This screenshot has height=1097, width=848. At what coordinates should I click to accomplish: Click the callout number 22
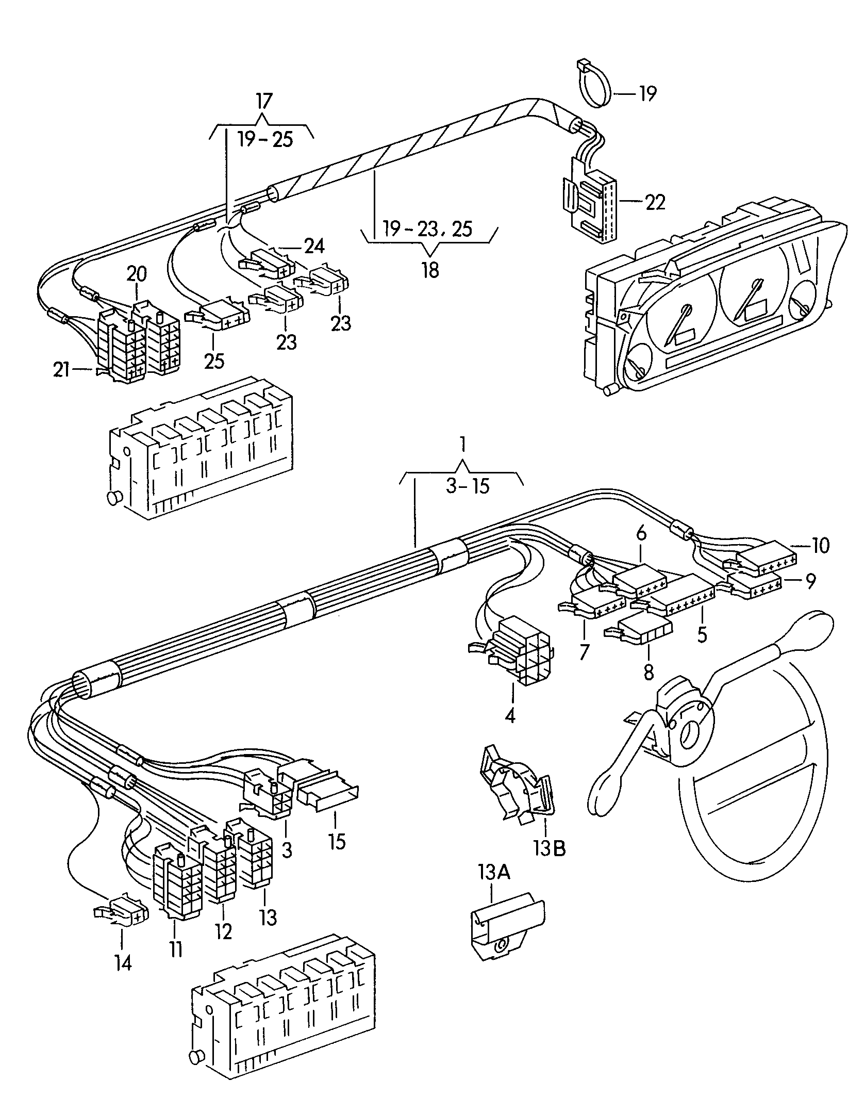click(655, 202)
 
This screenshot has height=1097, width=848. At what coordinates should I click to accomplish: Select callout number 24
click(314, 247)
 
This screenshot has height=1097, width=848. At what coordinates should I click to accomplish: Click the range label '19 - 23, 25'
click(427, 228)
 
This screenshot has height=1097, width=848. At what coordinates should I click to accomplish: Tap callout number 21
click(61, 369)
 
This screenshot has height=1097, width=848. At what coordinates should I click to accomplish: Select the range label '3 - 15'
click(468, 486)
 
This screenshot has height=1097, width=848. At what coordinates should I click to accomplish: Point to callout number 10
click(820, 545)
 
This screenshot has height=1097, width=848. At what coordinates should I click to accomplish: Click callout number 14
click(123, 963)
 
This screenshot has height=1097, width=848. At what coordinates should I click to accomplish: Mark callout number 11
click(176, 949)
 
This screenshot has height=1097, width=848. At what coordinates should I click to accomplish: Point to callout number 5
click(702, 635)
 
